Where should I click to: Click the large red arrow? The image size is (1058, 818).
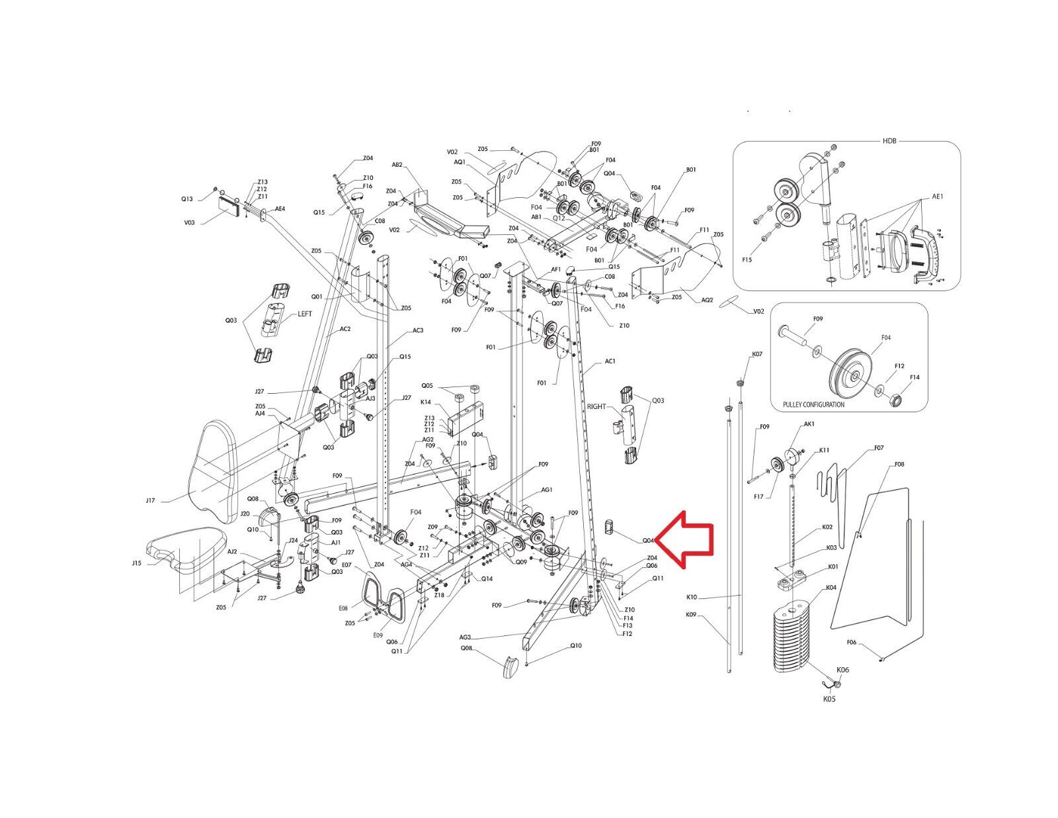(x=688, y=540)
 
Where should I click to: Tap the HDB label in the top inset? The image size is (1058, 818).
(x=890, y=142)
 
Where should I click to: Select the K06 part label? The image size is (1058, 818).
(x=842, y=670)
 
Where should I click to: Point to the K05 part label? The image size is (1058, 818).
(x=829, y=699)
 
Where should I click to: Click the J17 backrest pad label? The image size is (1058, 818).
(x=150, y=500)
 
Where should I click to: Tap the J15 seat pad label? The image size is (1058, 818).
(x=136, y=563)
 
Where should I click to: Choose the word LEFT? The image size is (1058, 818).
(x=304, y=314)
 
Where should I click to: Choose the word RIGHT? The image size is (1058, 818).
(x=596, y=406)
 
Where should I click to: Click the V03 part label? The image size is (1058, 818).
(x=190, y=223)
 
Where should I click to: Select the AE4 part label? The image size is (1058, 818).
(x=280, y=208)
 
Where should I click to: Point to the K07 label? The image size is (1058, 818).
(x=757, y=355)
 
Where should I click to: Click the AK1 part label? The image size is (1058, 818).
(x=808, y=424)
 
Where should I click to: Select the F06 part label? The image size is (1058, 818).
(x=852, y=643)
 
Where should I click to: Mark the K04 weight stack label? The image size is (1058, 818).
(x=831, y=588)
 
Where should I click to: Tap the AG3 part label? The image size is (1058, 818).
(x=466, y=637)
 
